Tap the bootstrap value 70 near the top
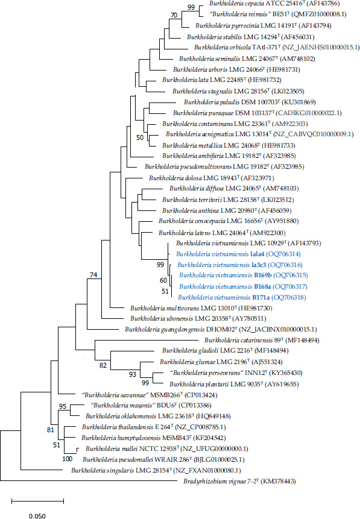pyautogui.click(x=174, y=15)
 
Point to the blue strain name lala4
pyautogui.click(x=257, y=254)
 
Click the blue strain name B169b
pyautogui.click(x=263, y=275)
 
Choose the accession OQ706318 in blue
pyautogui.click(x=288, y=298)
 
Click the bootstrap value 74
pyautogui.click(x=93, y=275)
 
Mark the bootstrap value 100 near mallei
pyautogui.click(x=67, y=459)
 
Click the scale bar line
pyautogui.click(x=37, y=502)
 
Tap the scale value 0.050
pyautogui.click(x=37, y=516)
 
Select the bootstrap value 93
pyautogui.click(x=133, y=374)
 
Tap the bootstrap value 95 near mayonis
pyautogui.click(x=63, y=406)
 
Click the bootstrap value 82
pyautogui.click(x=103, y=365)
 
